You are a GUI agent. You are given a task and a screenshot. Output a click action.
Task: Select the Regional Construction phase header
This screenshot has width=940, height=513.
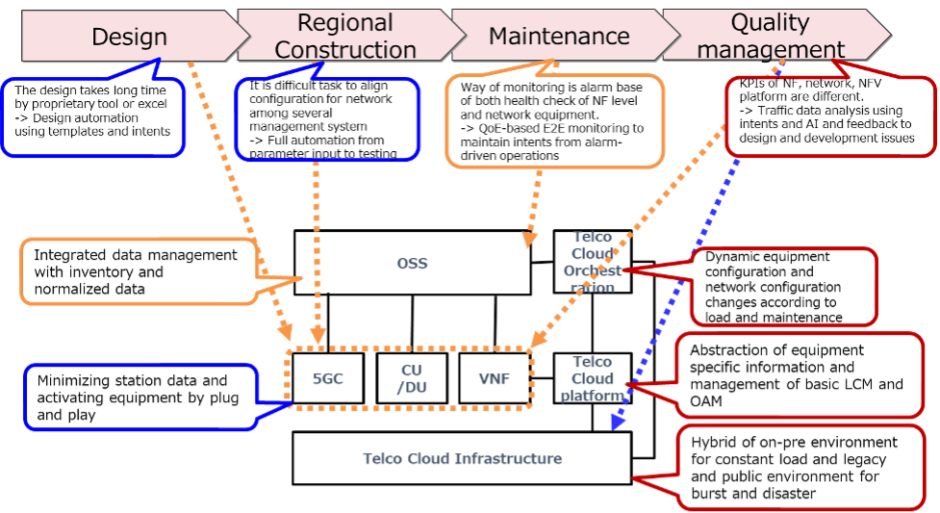pyautogui.click(x=343, y=37)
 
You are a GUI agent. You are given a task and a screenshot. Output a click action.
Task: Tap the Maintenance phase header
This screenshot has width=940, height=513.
pyautogui.click(x=558, y=37)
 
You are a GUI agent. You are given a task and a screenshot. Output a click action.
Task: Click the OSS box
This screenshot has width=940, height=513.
pyautogui.click(x=412, y=263)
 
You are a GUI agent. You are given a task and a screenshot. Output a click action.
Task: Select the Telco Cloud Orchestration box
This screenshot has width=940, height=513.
pyautogui.click(x=593, y=262)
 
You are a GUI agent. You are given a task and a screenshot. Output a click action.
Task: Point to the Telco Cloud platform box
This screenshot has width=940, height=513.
pyautogui.click(x=593, y=378)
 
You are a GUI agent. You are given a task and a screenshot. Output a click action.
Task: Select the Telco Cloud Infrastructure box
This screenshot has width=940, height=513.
pyautogui.click(x=462, y=458)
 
